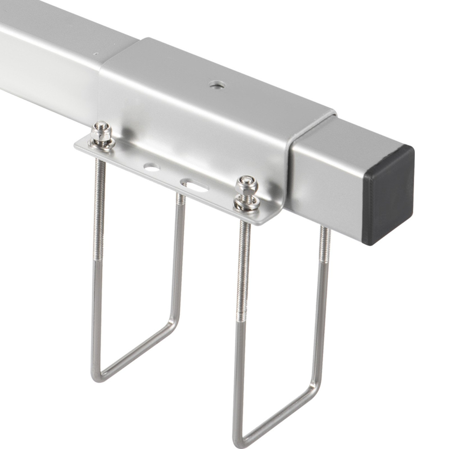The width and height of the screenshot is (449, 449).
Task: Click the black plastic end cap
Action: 388,195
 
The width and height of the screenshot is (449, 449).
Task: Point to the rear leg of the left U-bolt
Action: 179,253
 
